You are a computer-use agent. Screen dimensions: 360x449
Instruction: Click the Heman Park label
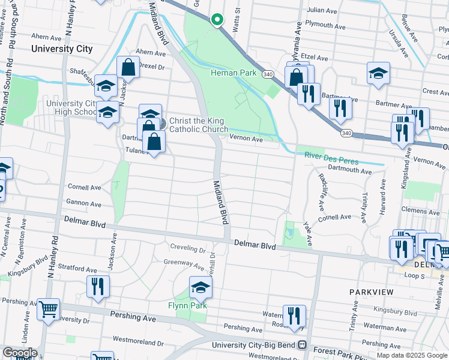point(234,73)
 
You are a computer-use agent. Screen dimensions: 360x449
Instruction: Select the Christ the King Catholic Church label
point(198,125)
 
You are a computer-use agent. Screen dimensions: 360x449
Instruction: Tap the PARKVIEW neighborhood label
point(372,292)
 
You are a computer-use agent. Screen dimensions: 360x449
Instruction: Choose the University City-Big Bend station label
point(256,346)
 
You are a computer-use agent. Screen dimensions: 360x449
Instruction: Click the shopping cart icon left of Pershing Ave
point(49,309)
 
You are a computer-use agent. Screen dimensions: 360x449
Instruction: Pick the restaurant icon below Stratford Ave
point(98,286)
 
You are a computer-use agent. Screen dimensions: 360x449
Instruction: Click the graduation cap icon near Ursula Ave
point(378,73)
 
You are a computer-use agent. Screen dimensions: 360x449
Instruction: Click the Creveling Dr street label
point(187,248)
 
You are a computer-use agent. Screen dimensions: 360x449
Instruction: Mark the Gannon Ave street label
point(84,202)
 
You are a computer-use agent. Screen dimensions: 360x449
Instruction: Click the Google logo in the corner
point(19,353)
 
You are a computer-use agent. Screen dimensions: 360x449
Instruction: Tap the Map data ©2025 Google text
point(412,355)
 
